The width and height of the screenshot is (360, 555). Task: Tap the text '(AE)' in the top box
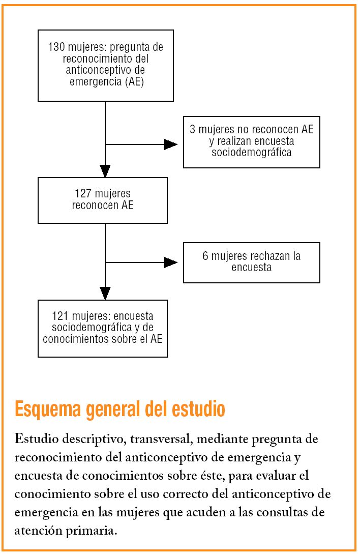tap(134, 81)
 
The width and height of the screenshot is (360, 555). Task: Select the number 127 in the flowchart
tap(83, 194)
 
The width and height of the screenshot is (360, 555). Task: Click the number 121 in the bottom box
tap(60, 316)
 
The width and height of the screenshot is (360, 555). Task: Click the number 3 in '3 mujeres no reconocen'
tap(192, 130)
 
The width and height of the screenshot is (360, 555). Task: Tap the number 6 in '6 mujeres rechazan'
tap(205, 256)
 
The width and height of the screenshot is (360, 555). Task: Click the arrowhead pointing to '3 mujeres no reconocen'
tap(170, 144)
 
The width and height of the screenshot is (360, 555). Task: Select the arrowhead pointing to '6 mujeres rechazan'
tap(170, 262)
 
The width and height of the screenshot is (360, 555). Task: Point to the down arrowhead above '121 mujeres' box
tap(105, 293)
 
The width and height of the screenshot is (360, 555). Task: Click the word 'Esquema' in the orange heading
tap(47, 409)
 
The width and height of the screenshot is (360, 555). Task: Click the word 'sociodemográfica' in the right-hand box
tap(252, 152)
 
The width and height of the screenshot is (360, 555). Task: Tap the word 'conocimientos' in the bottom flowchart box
tap(73, 339)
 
